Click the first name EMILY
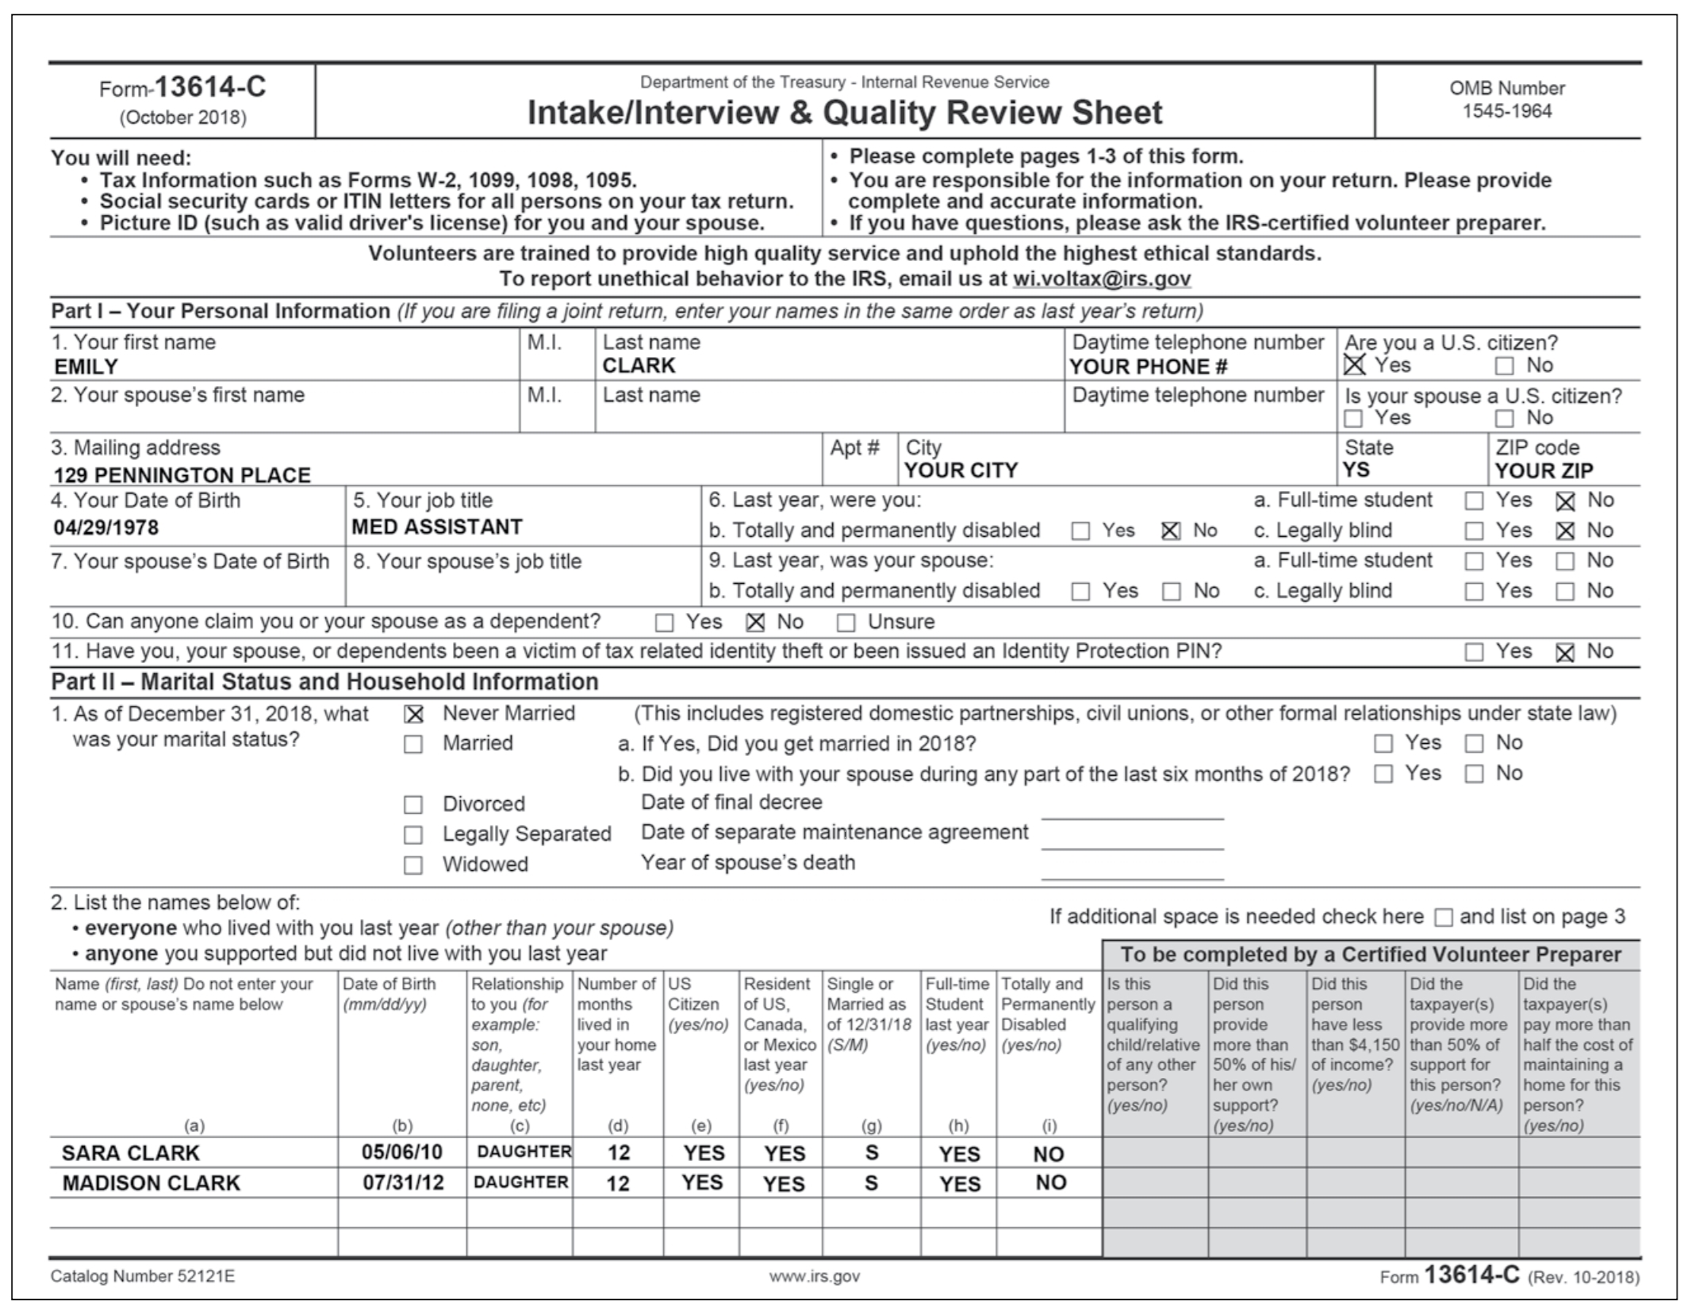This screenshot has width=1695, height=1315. click(86, 366)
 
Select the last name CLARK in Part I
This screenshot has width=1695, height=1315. click(639, 366)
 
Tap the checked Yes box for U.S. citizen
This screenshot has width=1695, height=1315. click(1355, 365)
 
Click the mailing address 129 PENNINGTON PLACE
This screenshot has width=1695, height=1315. click(182, 475)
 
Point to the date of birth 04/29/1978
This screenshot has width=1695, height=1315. click(106, 527)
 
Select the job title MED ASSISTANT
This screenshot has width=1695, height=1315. click(437, 527)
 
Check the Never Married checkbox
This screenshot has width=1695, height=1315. click(413, 715)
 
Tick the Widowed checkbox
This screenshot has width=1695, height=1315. click(413, 865)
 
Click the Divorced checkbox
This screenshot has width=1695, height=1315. click(413, 805)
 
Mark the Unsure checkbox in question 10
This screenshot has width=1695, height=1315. click(846, 623)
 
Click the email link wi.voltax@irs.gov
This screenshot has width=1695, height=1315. click(1102, 278)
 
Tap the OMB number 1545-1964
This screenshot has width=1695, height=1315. click(1506, 111)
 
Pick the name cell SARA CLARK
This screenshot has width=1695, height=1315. click(131, 1152)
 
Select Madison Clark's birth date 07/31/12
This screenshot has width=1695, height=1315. click(403, 1183)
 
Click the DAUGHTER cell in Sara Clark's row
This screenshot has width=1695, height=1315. click(523, 1152)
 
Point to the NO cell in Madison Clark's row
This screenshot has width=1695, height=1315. click(1050, 1183)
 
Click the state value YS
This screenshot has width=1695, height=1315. click(1356, 470)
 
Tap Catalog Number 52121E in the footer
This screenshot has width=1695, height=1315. click(143, 1276)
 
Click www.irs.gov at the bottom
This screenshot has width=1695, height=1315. click(814, 1276)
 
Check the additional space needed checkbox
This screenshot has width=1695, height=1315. click(1444, 918)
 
